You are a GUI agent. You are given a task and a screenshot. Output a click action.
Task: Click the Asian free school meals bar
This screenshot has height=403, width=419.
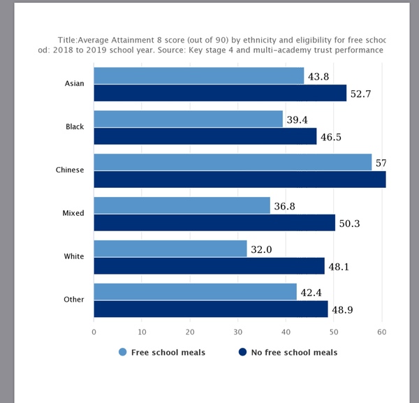[x=199, y=75]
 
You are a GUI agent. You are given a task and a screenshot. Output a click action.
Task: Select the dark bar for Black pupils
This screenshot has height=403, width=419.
[x=205, y=136]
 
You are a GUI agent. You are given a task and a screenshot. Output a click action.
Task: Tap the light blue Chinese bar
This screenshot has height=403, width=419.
[x=233, y=162]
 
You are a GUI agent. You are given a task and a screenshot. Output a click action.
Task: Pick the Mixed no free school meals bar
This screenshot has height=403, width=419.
[x=214, y=223]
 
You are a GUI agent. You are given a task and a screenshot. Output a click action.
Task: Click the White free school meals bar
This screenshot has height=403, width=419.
[x=170, y=249]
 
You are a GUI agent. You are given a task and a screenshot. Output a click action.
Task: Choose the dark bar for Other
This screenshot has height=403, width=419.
[x=211, y=309]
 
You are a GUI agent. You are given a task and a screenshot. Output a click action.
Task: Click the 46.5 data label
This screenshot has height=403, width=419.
[x=331, y=137]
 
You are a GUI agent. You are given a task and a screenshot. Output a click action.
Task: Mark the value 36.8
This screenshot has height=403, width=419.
[x=284, y=207]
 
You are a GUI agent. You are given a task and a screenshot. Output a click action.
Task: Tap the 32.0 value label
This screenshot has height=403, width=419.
[x=261, y=249]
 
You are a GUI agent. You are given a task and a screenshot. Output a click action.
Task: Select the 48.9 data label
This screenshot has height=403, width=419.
[x=342, y=309]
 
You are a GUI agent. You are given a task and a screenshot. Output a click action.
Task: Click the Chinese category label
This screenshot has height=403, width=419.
[x=70, y=170]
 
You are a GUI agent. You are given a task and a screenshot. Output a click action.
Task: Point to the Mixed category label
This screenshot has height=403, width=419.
[x=73, y=213]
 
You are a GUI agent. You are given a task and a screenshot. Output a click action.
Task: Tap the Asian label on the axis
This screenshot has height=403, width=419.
[x=74, y=84]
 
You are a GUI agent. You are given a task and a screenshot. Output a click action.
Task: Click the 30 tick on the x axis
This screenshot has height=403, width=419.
[x=238, y=332]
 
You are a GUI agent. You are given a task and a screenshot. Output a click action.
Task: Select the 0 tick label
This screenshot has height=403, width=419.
[x=94, y=332]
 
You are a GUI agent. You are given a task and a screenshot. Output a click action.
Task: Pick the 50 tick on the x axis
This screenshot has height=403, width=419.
[x=334, y=332]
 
